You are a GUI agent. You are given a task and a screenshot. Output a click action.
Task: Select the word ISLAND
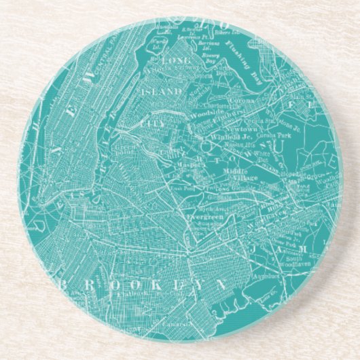pos(162,90)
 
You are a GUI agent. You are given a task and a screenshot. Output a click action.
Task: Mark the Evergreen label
pos(202,215)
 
